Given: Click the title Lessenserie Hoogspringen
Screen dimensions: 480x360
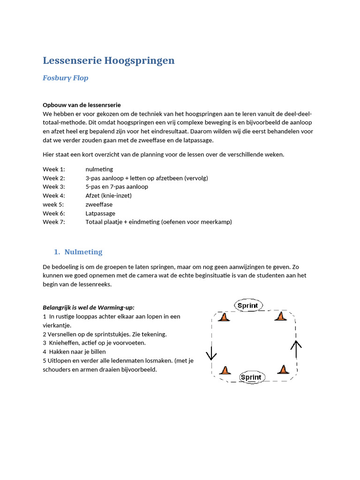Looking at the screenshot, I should coord(108,60).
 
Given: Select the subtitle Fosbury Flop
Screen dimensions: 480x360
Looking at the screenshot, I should coord(65,78).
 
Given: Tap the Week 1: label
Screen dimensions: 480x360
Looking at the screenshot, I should coord(54,169).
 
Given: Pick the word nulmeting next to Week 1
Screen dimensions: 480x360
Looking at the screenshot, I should coord(99,169).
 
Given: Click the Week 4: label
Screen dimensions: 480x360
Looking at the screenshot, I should coord(54,195).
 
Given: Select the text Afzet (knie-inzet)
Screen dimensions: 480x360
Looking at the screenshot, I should coord(108,195).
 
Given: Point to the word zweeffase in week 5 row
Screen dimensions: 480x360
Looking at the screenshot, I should coord(99,204).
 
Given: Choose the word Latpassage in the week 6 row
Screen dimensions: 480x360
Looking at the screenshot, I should coord(100,213).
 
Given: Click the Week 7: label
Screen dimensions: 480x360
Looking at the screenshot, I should coord(54,222).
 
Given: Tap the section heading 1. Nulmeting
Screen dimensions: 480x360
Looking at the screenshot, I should coord(78,252).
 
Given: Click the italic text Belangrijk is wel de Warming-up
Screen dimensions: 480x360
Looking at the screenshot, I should coord(89,307).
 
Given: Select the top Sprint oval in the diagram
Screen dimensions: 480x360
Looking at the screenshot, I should coord(248,306).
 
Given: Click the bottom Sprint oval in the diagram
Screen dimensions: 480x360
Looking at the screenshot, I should coord(252,377).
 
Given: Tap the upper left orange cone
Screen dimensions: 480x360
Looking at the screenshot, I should coord(224,317).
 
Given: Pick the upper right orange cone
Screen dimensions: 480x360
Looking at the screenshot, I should coord(280,316).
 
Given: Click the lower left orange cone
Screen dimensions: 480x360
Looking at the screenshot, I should coord(226,370).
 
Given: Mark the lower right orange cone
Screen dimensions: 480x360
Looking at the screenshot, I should coord(283,369).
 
